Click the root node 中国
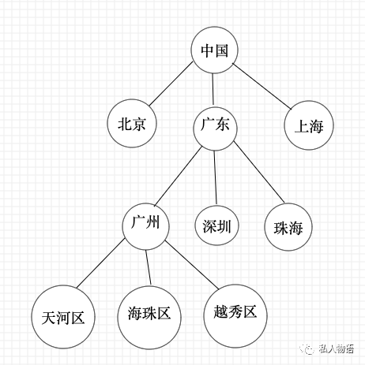[x=215, y=50]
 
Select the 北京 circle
[x=132, y=125]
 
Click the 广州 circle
[x=147, y=225]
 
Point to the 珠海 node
[x=288, y=228]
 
